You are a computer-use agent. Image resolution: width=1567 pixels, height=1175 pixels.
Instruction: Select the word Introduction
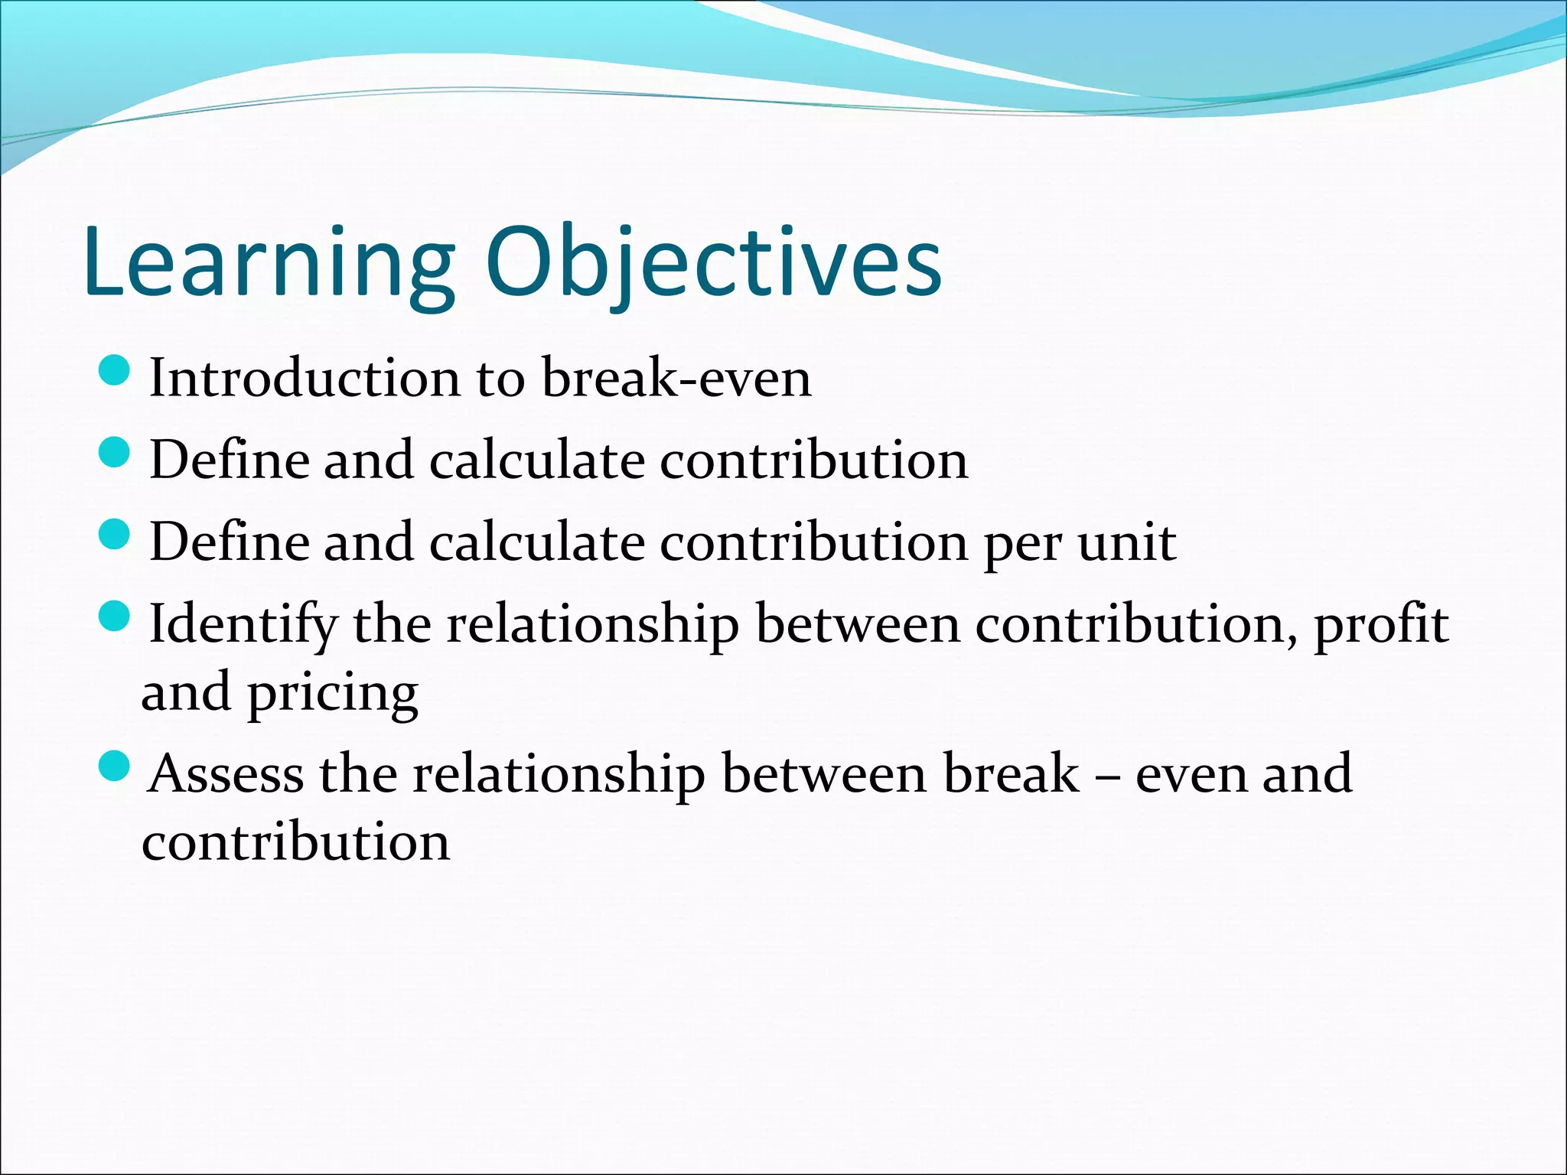305,379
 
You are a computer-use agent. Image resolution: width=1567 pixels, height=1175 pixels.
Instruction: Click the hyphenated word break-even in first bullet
676,379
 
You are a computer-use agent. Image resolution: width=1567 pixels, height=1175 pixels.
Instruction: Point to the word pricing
332,693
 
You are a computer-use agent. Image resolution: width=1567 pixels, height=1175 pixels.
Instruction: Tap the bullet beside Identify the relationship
116,615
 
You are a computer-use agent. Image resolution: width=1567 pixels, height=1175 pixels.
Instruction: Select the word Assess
226,775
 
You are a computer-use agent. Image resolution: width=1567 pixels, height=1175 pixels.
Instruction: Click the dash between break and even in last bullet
1106,776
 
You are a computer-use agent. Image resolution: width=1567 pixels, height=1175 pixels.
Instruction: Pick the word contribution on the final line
296,842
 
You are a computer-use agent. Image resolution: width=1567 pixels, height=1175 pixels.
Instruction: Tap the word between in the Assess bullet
823,775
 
